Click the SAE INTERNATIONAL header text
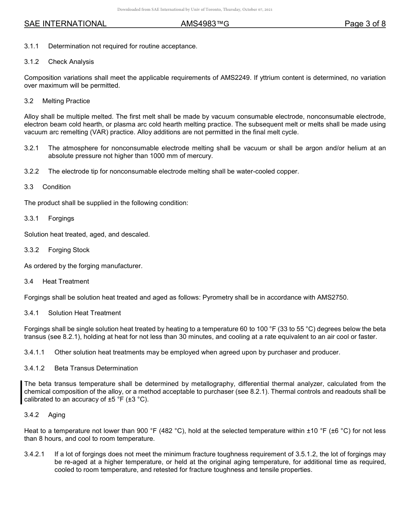point(65,24)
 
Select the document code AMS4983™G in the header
point(205,24)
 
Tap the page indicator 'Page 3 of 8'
point(365,24)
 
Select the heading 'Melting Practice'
point(66,101)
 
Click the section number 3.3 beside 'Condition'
point(29,187)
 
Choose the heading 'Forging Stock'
point(69,250)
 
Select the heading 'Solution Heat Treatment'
point(85,313)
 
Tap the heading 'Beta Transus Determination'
point(96,368)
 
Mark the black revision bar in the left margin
point(21,392)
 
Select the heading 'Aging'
point(57,415)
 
